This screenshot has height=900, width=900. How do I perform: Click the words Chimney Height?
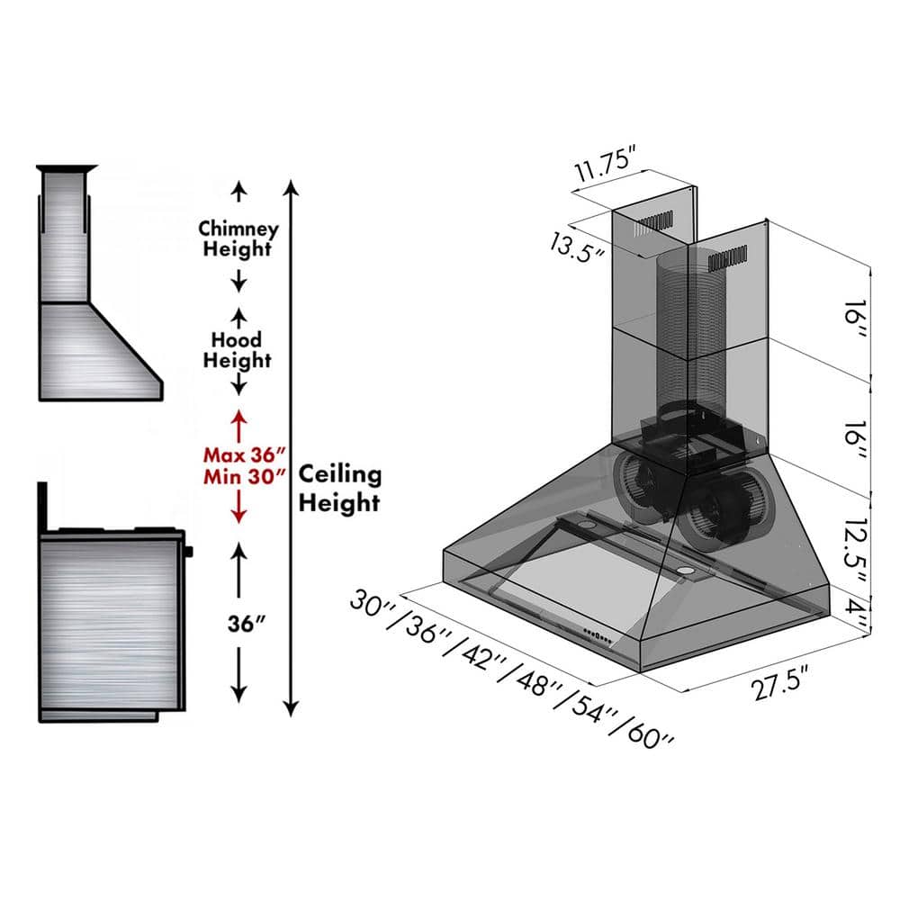pos(238,238)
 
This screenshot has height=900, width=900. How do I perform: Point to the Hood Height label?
pos(237,350)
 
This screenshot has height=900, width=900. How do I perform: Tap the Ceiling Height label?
pos(339,488)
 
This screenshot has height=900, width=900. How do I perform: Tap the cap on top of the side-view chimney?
pos(66,168)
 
